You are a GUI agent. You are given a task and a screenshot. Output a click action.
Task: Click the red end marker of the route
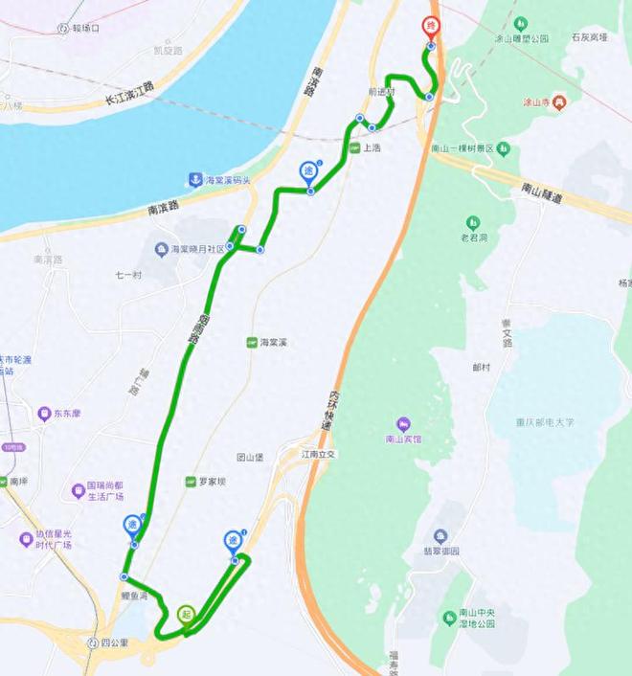click(430, 26)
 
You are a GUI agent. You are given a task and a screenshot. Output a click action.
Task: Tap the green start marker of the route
click(185, 612)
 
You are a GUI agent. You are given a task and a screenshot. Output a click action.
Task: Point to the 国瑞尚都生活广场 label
click(113, 491)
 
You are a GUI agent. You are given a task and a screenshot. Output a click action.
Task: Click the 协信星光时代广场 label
click(56, 540)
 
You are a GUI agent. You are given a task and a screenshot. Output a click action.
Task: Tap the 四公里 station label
click(114, 642)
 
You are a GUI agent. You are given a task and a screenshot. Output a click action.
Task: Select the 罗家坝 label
click(211, 482)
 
